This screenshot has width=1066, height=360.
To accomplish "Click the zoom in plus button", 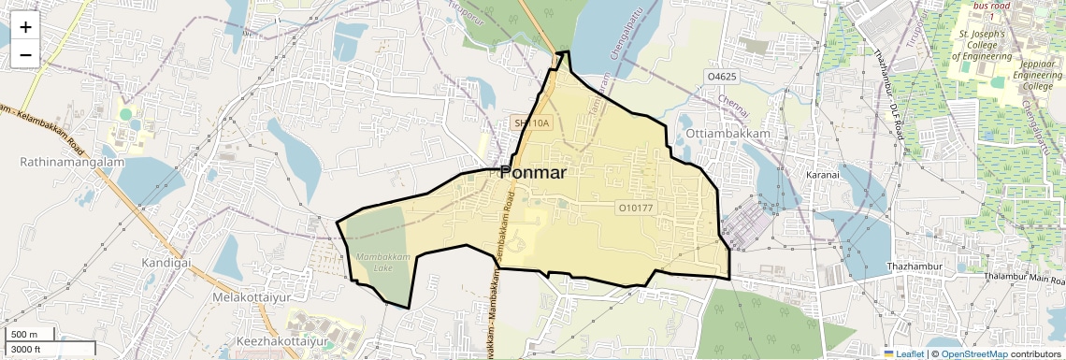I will click(25, 26).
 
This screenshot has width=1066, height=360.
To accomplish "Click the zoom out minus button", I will click(25, 54).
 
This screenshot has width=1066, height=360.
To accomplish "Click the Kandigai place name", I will click(166, 263).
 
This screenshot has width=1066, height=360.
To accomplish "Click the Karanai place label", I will click(824, 174).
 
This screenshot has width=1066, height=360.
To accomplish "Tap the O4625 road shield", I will click(723, 76).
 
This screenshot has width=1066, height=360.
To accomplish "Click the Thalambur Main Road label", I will click(1024, 277).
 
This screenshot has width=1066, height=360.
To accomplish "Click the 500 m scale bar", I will click(28, 335).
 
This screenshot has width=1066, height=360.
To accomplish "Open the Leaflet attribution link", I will click(905, 353).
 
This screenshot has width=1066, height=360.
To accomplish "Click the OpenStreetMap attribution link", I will click(974, 353).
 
